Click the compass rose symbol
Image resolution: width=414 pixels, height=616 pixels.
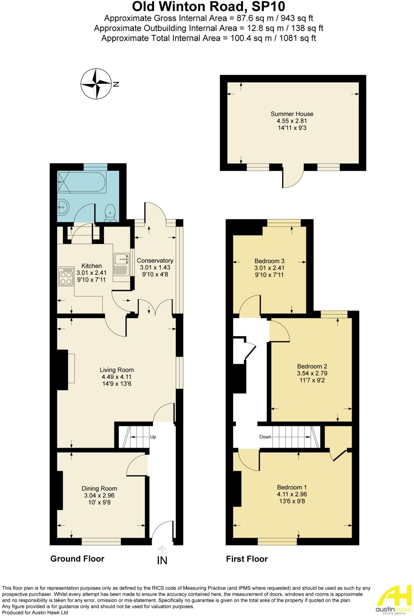[x=96, y=84]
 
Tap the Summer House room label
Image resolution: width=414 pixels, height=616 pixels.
[x=292, y=114]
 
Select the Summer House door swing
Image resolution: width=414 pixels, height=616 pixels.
[x=292, y=179]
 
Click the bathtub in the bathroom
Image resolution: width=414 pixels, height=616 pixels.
[x=82, y=182]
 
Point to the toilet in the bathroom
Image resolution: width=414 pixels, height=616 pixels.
[x=110, y=212]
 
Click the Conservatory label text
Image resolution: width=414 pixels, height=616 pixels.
[x=155, y=261]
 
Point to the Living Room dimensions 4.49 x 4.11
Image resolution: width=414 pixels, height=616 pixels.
[x=117, y=377]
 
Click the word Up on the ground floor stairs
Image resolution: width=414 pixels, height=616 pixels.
[x=153, y=437]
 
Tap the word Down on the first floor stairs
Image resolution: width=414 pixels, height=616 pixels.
[x=265, y=437]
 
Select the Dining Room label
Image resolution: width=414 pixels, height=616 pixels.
[x=99, y=489]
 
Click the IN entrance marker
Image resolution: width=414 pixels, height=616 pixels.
[x=162, y=560]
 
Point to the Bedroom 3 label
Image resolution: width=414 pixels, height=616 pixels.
[x=269, y=261]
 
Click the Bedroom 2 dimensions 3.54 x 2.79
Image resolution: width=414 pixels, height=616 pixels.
[x=312, y=373]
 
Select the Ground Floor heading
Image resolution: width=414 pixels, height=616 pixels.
[x=77, y=559]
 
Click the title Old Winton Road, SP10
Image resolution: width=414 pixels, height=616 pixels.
[x=208, y=7]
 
